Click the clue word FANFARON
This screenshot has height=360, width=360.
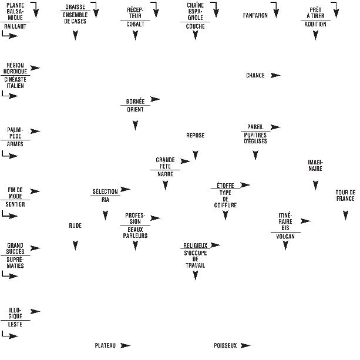(255, 15)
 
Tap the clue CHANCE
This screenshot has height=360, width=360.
(255, 76)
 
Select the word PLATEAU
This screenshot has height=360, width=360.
(105, 346)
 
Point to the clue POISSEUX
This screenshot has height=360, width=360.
(225, 346)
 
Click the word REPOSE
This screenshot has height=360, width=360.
(195, 136)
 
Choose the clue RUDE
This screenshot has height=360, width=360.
(75, 225)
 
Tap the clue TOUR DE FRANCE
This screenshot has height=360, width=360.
(345, 196)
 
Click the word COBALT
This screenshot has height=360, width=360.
(135, 25)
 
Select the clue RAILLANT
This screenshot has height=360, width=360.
(15, 26)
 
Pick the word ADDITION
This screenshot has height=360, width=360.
(315, 25)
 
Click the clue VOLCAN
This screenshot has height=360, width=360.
(285, 237)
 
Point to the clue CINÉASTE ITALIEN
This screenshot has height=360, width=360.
(15, 82)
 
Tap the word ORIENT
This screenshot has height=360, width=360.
(135, 109)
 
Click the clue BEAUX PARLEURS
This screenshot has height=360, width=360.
(135, 233)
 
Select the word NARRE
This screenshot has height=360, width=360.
(165, 174)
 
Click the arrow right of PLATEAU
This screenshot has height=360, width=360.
(125, 346)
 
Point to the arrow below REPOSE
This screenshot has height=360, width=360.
(196, 156)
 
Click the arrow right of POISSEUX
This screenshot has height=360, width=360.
(245, 346)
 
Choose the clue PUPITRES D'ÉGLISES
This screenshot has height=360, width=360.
(255, 138)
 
